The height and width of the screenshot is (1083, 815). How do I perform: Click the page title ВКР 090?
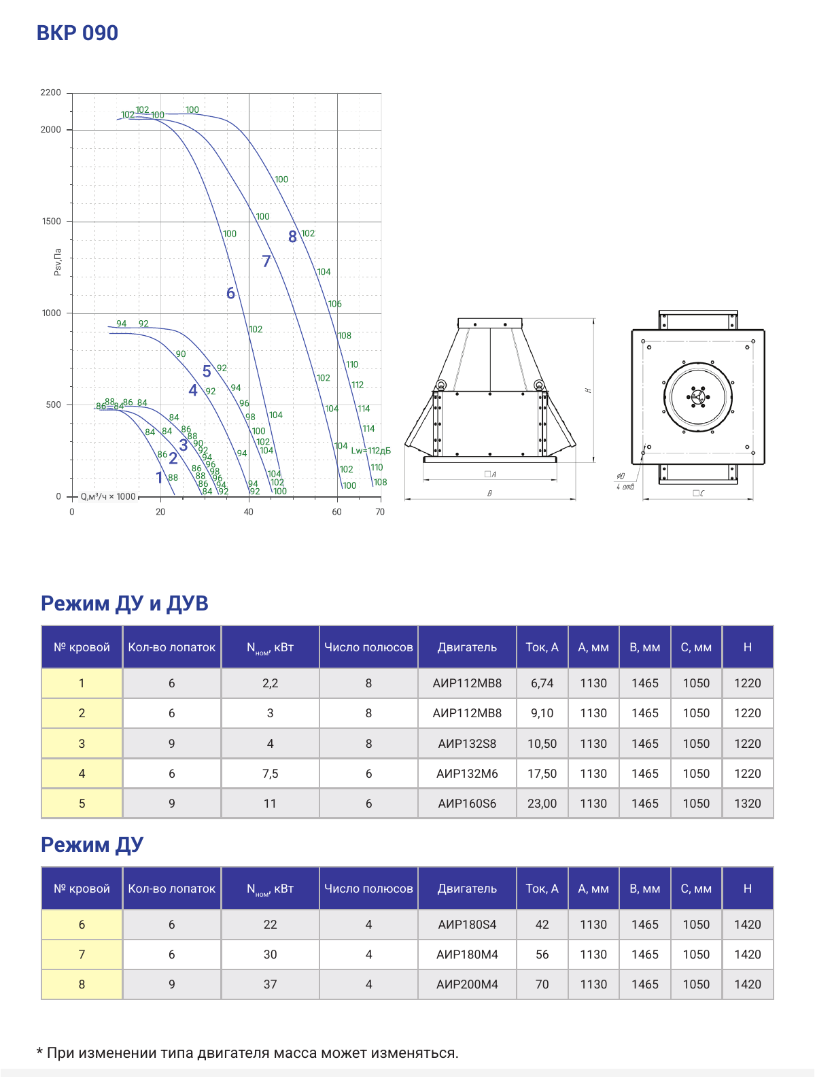(77, 33)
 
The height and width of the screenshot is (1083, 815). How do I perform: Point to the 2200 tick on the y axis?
(51, 92)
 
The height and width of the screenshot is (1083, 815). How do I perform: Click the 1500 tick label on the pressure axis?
(51, 222)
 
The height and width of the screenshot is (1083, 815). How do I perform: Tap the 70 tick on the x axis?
(380, 512)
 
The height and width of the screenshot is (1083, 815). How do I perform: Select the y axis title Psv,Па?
(58, 262)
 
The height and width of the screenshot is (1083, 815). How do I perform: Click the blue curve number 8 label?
(292, 237)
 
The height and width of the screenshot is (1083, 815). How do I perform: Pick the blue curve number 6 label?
(230, 293)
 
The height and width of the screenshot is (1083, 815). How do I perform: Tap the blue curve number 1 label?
(159, 477)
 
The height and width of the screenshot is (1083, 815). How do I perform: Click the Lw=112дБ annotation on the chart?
(371, 451)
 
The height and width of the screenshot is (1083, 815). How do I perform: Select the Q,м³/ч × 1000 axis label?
(108, 496)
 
